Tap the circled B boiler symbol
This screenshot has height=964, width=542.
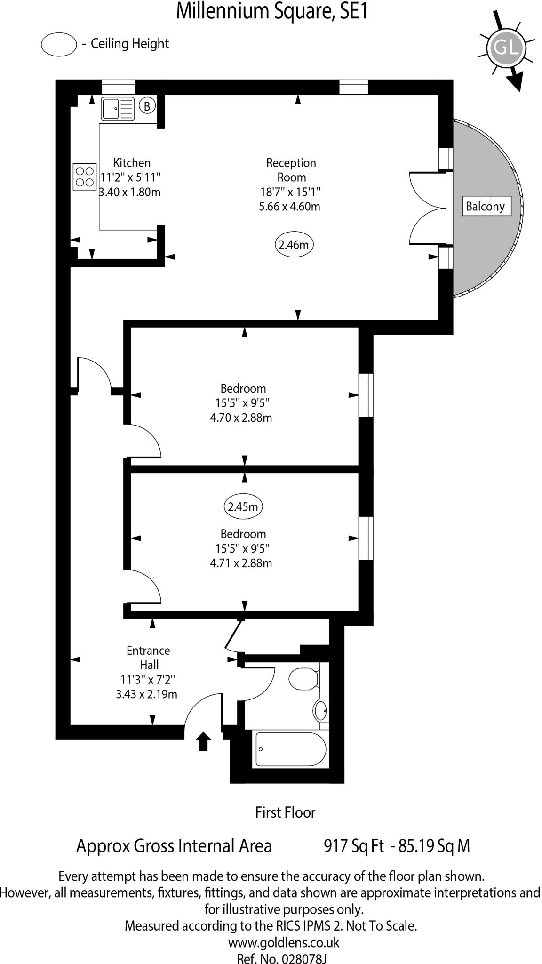[147, 106]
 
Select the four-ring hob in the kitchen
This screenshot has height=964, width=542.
[85, 177]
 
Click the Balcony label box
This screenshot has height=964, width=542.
[485, 206]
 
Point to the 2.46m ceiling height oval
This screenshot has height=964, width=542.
[294, 245]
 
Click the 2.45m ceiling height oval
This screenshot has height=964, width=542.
[243, 507]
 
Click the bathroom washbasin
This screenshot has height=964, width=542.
[321, 710]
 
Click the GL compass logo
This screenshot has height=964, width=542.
[505, 47]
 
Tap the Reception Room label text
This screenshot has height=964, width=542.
[291, 170]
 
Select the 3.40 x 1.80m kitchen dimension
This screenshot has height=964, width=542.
[130, 192]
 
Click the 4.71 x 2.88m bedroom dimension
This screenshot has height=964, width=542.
[241, 563]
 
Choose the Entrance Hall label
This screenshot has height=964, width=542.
[148, 657]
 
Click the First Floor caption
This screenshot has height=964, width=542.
[285, 812]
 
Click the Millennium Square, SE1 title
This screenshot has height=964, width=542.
[271, 12]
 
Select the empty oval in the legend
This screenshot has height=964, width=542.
[59, 44]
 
